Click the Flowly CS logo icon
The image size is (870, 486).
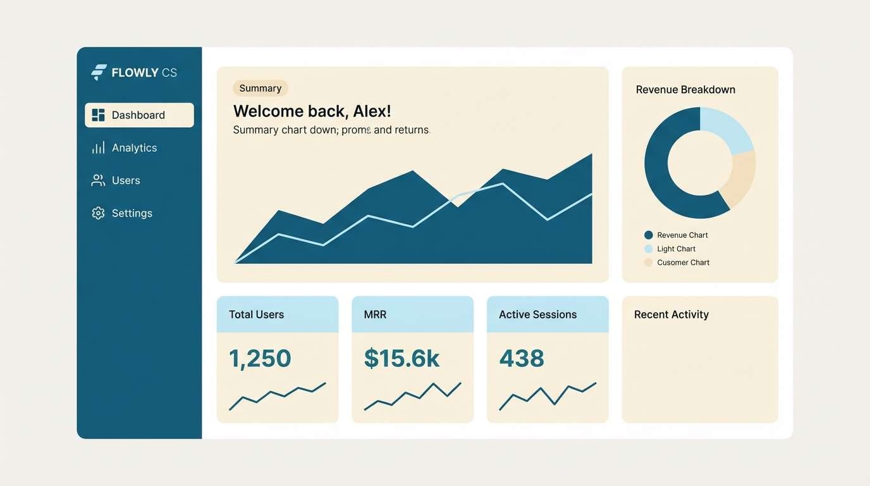[99, 72]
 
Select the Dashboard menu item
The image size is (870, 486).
[139, 115]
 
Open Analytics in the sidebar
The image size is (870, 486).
[134, 147]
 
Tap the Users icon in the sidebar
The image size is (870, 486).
[98, 180]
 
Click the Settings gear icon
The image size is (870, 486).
[98, 213]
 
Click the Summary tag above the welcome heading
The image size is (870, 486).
[260, 89]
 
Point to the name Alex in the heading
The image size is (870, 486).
[372, 111]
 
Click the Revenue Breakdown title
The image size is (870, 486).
[685, 90]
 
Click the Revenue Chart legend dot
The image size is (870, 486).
[648, 235]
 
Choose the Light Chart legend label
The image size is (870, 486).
[676, 249]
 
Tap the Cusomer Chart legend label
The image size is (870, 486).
[683, 263]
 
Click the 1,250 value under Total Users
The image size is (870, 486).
[260, 359]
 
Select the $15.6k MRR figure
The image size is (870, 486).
[401, 359]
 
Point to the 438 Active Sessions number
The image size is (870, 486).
[522, 359]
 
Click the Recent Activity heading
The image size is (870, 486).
[671, 315]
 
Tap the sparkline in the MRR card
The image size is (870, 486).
[412, 396]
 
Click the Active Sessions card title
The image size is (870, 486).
[537, 315]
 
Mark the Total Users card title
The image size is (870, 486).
[256, 315]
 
